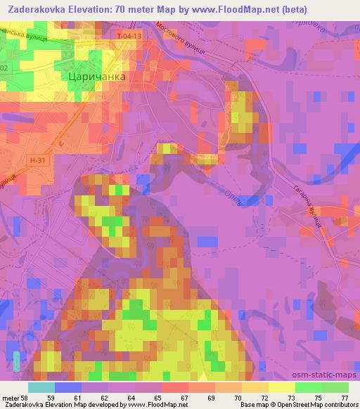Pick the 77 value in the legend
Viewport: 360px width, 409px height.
coord(342,397)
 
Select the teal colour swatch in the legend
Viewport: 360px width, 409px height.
coord(41,387)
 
